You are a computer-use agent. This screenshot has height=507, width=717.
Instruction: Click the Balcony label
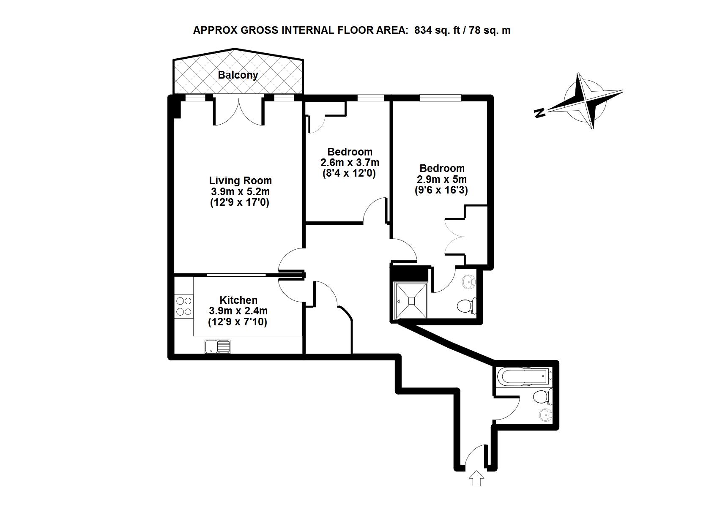tap(238, 75)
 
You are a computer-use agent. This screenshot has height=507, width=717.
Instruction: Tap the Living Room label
tap(241, 181)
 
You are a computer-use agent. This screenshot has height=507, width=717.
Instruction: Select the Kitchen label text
tap(238, 300)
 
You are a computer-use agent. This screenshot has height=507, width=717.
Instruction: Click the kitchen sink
tap(217, 346)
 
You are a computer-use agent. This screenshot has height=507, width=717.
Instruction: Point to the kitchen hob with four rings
tap(184, 306)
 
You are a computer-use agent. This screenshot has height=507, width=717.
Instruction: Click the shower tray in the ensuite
tap(411, 301)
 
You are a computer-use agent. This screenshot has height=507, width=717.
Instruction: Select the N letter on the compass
tap(540, 112)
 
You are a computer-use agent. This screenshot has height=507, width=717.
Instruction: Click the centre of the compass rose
tap(585, 101)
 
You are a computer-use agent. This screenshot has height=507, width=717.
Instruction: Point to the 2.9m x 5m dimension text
tap(442, 179)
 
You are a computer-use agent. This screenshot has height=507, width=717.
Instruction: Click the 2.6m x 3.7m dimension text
tap(350, 163)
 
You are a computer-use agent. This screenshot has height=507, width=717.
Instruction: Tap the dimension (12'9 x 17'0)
tap(240, 202)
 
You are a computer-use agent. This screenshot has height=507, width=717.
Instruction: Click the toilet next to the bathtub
tap(543, 398)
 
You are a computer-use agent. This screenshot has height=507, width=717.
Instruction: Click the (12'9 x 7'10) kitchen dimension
tap(238, 322)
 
